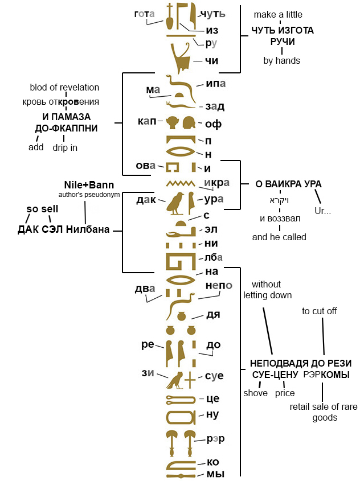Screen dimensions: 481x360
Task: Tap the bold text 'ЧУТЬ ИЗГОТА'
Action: click(283, 30)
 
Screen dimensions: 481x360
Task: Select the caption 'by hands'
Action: click(281, 60)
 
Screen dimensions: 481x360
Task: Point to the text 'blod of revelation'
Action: click(64, 88)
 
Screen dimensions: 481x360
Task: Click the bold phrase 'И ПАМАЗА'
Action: click(67, 117)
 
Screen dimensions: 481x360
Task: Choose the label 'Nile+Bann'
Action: click(88, 185)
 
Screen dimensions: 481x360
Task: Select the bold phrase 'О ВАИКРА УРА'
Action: click(288, 184)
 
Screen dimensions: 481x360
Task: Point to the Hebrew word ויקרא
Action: click(279, 201)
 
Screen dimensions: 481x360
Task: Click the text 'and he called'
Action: click(279, 237)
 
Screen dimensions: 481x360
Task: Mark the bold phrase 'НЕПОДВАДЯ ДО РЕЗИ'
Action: click(301, 363)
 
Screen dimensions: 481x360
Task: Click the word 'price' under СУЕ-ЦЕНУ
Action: click(285, 393)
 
